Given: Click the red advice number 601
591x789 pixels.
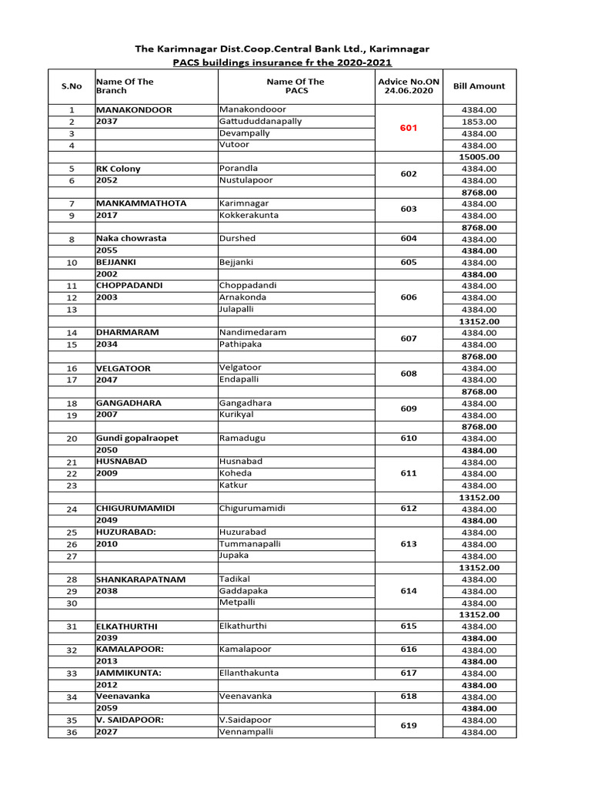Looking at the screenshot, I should tap(408, 128).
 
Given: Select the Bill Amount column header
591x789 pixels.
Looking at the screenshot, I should tap(479, 86).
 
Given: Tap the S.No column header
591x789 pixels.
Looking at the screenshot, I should tap(72, 86).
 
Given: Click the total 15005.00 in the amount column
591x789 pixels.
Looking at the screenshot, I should tap(479, 157).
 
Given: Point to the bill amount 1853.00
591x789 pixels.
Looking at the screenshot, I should tap(479, 122).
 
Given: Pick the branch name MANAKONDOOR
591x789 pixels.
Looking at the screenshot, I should tap(134, 110).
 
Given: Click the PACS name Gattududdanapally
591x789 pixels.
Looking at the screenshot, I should tap(260, 122).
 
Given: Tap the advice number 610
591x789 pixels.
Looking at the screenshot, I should tap(408, 438).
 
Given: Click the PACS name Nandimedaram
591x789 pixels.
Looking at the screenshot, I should tap(252, 332).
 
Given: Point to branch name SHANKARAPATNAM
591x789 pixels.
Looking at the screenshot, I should tap(141, 579).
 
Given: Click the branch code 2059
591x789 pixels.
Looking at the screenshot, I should tap(107, 708).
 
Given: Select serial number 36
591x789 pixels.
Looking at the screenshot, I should tap(72, 732).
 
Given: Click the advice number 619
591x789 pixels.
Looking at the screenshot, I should tap(408, 726).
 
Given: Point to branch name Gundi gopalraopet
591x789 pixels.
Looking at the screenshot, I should tap(137, 438).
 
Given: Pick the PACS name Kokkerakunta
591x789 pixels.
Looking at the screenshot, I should tap(249, 215).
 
